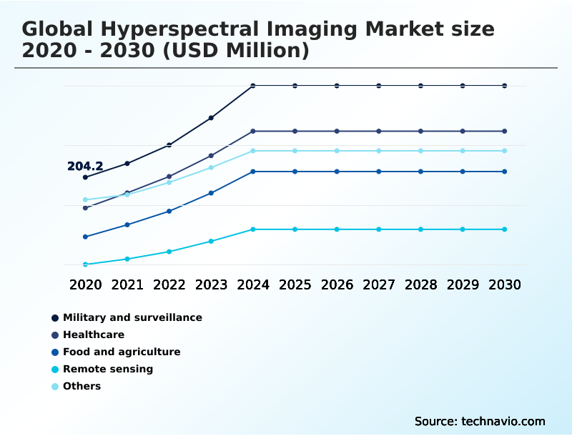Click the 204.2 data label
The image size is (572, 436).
click(x=85, y=167)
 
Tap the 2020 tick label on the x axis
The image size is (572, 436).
click(x=85, y=284)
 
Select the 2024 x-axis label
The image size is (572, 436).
click(x=253, y=284)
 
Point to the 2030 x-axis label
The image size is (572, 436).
click(x=505, y=284)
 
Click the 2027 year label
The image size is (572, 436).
click(x=379, y=284)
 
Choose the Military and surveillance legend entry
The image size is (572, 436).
click(x=132, y=317)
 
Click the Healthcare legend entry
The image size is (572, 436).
click(x=93, y=335)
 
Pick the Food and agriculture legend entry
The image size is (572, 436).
click(x=122, y=352)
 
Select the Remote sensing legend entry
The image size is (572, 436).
click(x=107, y=369)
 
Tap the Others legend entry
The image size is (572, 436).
click(x=82, y=386)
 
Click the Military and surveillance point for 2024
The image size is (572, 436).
click(x=253, y=86)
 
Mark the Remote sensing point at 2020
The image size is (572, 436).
click(x=85, y=264)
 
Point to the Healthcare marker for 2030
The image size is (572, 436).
click(x=505, y=132)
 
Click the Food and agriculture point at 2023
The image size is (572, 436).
click(x=211, y=193)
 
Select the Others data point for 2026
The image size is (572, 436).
click(x=337, y=151)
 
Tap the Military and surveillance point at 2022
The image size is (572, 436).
click(x=169, y=145)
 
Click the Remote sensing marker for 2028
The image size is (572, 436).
click(x=420, y=229)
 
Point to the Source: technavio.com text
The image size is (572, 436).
click(x=480, y=421)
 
